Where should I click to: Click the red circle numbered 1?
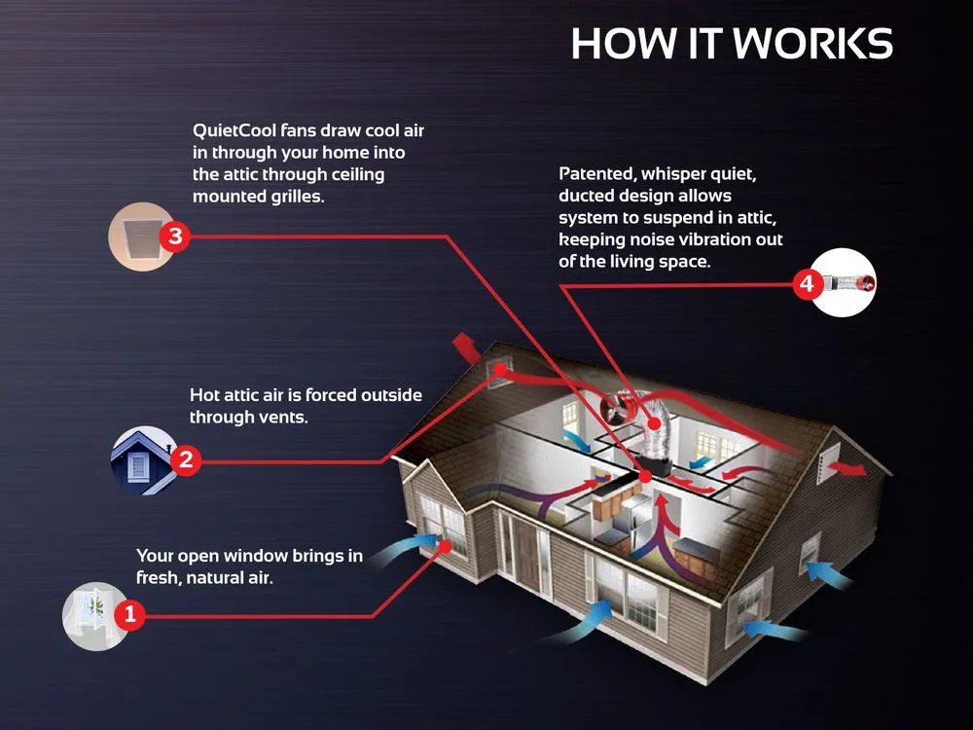click(129, 615)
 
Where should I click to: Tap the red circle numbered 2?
click(186, 460)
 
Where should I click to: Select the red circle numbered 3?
click(175, 237)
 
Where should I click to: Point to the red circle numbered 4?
click(808, 284)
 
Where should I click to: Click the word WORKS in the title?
click(812, 44)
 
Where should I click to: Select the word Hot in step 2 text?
click(204, 395)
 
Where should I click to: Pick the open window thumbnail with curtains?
click(92, 616)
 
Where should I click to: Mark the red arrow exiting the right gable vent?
click(849, 468)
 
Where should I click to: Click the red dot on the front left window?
click(446, 546)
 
